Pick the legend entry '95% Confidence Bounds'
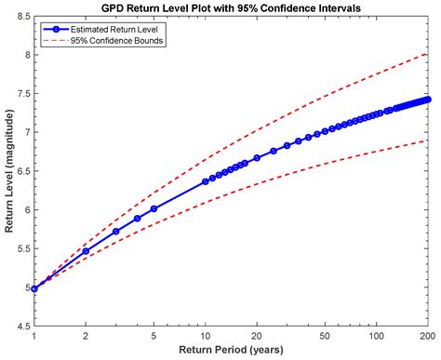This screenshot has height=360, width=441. [109, 41]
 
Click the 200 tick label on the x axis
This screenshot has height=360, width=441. [428, 337]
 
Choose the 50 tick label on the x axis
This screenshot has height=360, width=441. [325, 337]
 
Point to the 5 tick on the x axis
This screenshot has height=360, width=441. [154, 337]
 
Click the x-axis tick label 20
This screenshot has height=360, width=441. [257, 337]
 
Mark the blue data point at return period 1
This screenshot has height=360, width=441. [34, 288]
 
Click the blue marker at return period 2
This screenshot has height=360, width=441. [86, 251]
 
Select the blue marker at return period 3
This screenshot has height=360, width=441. [116, 232]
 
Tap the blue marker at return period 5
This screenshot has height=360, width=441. [154, 208]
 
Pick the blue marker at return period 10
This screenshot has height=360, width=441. [206, 182]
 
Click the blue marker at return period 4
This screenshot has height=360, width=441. [137, 219]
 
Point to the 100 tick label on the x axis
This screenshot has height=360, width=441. [376, 337]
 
